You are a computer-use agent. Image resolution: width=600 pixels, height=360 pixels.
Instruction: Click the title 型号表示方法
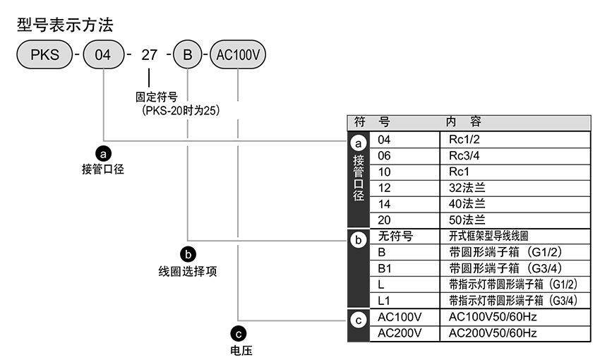[x=64, y=25]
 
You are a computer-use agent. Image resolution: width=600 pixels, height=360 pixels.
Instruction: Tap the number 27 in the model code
[x=148, y=55]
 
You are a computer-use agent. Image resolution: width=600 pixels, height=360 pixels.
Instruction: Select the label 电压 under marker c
[x=240, y=349]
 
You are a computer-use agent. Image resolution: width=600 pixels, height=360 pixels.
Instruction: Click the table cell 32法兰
[x=467, y=188]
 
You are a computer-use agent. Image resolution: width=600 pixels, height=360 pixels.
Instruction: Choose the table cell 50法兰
[x=467, y=220]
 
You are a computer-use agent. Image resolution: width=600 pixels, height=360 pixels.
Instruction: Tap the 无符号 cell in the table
[x=395, y=236]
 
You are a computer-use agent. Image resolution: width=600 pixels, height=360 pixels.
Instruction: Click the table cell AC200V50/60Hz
[x=493, y=332]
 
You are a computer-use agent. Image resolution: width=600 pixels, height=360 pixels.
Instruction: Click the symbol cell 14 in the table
[x=385, y=204]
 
